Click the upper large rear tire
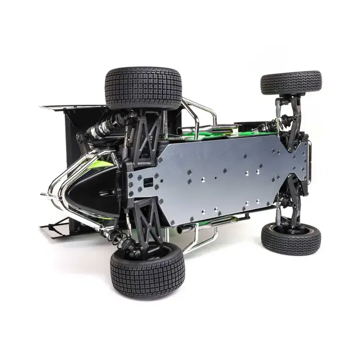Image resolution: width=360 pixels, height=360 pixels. (143, 88)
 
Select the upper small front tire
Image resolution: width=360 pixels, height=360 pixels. (291, 82)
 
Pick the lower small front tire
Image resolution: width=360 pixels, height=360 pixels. (291, 239)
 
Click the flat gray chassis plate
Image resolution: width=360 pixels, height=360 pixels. (222, 172)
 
